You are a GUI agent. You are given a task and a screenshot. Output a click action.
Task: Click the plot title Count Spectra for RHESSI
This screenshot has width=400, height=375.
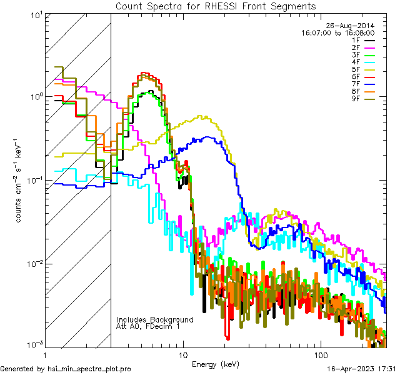(x=216, y=6)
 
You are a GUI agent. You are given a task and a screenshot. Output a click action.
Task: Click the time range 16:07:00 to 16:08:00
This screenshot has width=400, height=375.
(x=338, y=32)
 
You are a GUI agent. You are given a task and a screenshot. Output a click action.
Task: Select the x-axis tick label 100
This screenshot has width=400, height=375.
(x=319, y=354)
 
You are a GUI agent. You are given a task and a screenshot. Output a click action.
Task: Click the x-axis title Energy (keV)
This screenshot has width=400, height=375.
(x=216, y=364)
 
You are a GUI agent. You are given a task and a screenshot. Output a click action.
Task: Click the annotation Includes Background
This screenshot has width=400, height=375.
(x=155, y=319)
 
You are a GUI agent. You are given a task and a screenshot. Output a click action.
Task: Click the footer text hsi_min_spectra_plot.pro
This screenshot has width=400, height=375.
(x=89, y=369)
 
